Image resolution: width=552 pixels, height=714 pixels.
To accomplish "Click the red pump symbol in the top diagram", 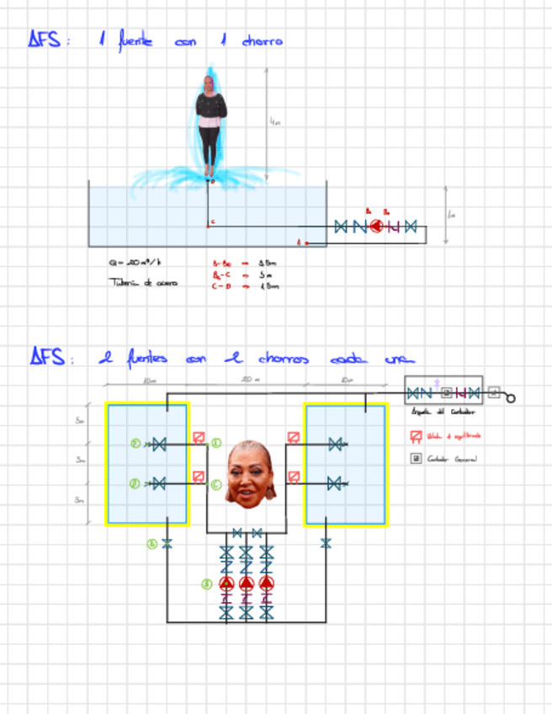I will (376, 226).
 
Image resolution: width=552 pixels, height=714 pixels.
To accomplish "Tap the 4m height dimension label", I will (274, 123).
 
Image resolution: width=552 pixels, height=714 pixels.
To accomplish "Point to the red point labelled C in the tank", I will (209, 224).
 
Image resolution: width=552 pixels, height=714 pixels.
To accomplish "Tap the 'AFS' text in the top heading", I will (45, 40).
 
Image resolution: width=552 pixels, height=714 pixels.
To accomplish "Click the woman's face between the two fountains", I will (250, 473).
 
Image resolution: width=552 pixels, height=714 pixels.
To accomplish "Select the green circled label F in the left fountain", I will (135, 443).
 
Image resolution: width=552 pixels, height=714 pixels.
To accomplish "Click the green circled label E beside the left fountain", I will (216, 443).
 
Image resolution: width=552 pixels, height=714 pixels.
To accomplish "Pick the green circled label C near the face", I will (216, 483).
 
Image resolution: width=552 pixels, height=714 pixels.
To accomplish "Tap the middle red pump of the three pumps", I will (246, 583).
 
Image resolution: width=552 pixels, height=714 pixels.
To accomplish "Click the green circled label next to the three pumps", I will (207, 583).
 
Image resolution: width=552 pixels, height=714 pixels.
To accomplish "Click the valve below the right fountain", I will (326, 543).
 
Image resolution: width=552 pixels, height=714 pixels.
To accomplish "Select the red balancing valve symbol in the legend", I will (416, 436).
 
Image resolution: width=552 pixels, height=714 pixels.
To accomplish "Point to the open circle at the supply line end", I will (510, 398).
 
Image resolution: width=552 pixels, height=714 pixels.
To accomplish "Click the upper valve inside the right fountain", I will (335, 444).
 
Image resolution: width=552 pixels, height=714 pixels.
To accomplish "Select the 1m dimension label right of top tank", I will (452, 215).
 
